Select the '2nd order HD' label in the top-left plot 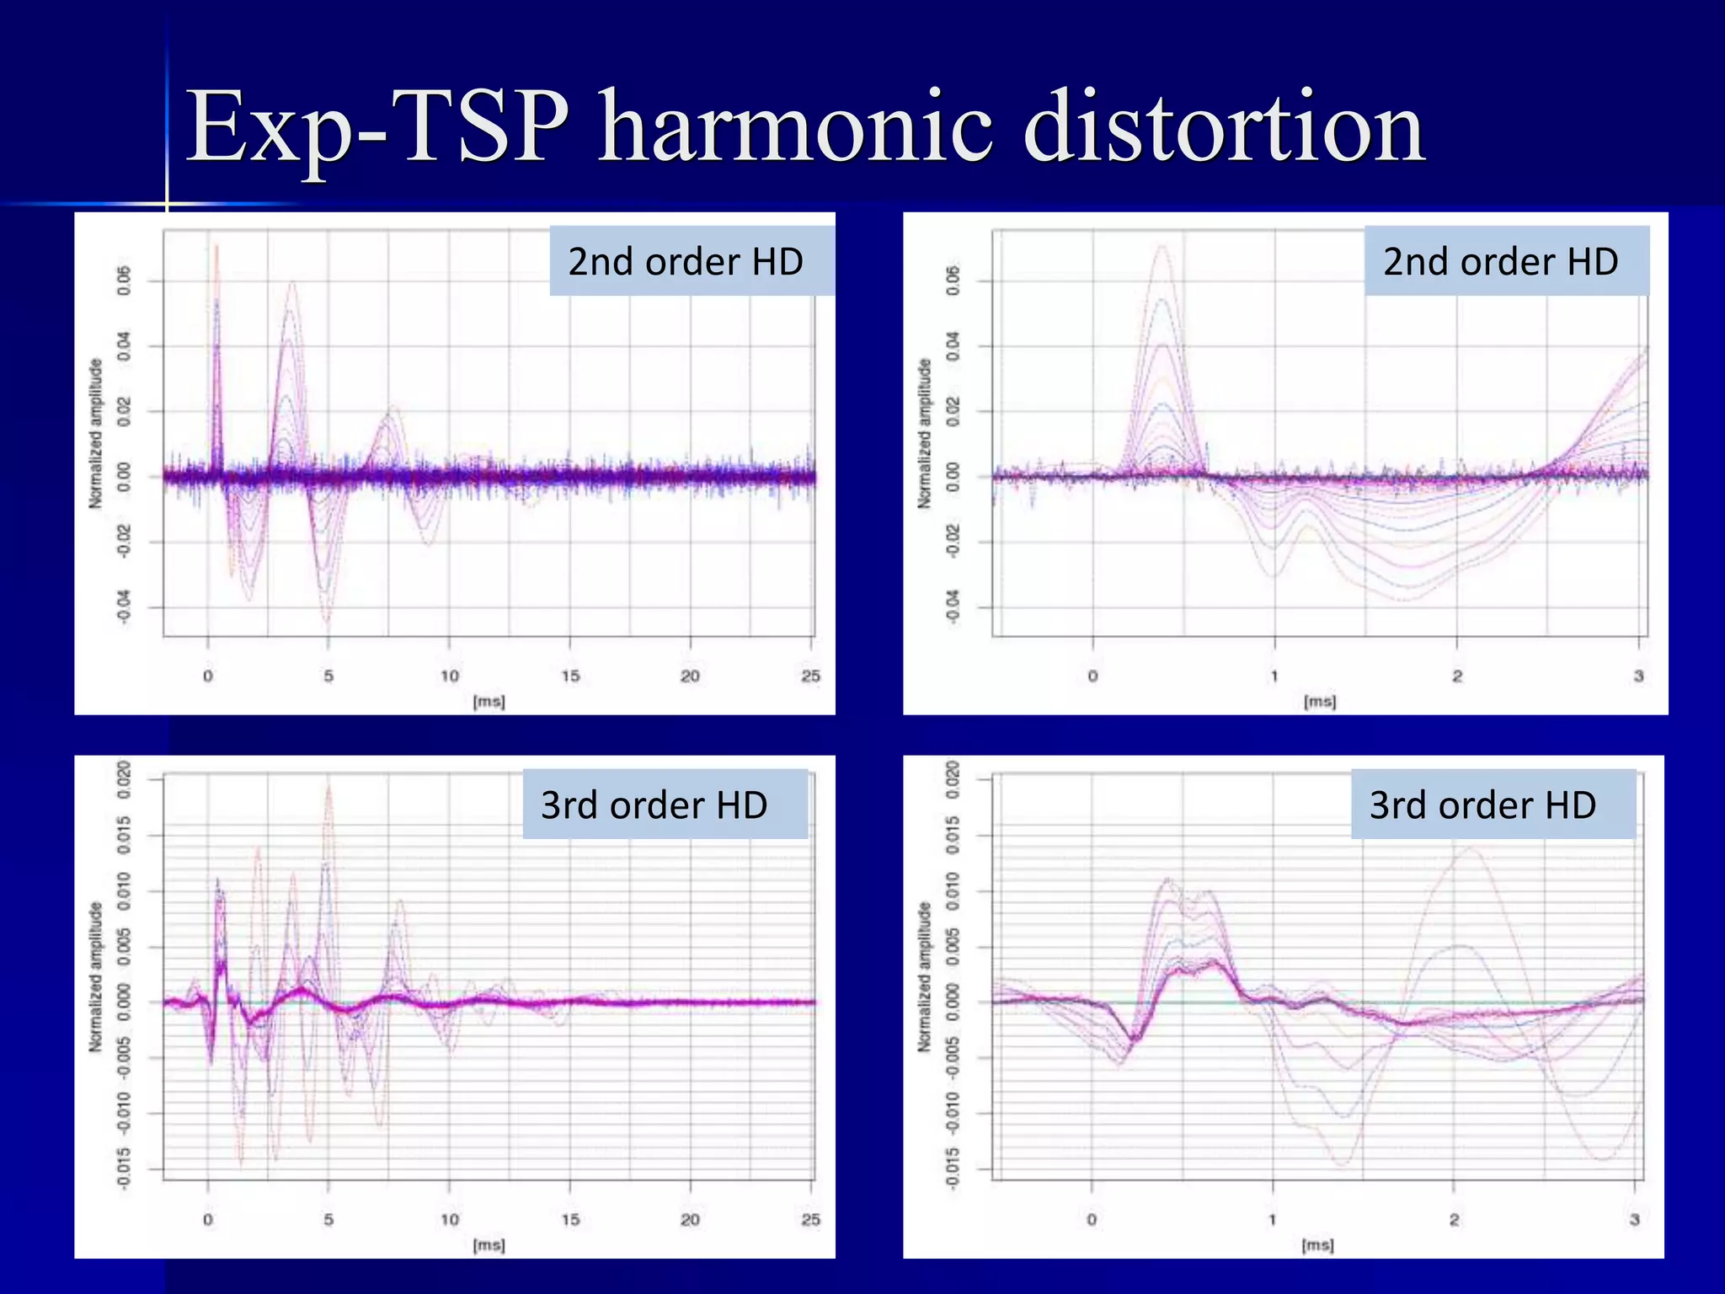pos(686,261)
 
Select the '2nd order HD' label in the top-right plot pos(1500,261)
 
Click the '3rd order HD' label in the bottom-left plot pos(654,805)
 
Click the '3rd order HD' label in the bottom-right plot pos(1482,805)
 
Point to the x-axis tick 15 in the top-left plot pos(570,676)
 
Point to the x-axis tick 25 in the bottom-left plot pos(810,1219)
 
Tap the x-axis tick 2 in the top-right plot pos(1457,676)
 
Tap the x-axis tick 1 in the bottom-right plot pos(1273,1219)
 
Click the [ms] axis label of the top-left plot pos(489,701)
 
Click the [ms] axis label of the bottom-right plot pos(1317,1244)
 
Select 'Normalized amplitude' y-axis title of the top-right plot pos(925,433)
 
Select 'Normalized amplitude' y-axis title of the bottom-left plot pos(96,976)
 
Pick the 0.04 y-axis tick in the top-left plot pos(124,346)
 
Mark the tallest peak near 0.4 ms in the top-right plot pos(1163,246)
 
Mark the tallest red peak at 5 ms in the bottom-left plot pos(328,785)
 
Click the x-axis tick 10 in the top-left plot pos(450,676)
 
